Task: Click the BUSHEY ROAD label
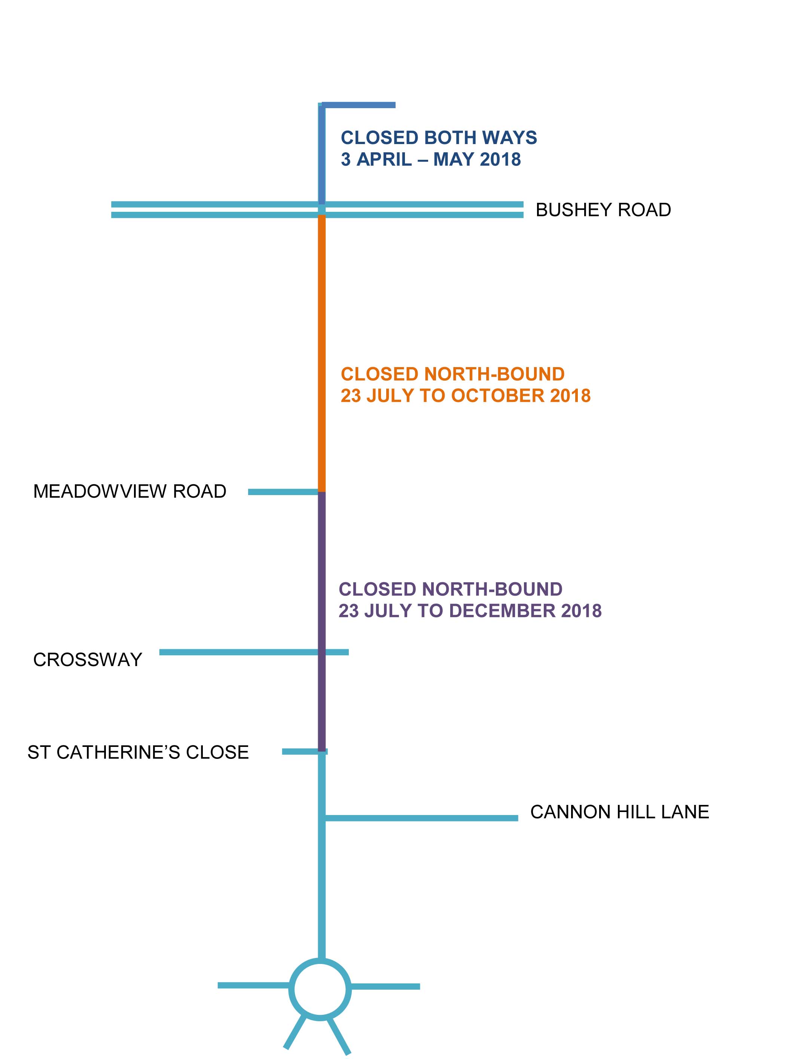(x=603, y=210)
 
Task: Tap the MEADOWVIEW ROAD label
(x=130, y=491)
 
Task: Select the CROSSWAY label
(x=88, y=660)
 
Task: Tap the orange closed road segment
(x=322, y=354)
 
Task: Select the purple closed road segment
(x=322, y=621)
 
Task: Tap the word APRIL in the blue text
(x=384, y=159)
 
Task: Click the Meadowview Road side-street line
(x=283, y=492)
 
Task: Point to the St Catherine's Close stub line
(x=305, y=751)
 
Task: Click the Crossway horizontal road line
(x=254, y=652)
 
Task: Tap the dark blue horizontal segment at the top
(x=359, y=105)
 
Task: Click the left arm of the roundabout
(x=253, y=985)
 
